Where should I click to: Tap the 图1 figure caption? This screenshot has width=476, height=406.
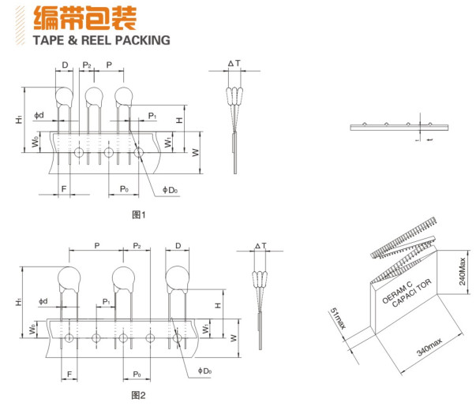click(x=139, y=214)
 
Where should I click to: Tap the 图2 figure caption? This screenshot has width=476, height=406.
click(x=139, y=394)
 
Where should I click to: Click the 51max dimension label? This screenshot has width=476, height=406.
click(x=336, y=320)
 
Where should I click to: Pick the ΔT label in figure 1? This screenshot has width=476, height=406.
click(x=235, y=63)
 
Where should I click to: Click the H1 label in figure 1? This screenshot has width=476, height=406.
click(x=18, y=119)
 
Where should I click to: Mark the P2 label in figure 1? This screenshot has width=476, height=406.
click(x=87, y=64)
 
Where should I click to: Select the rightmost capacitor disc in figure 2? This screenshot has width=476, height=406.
click(x=178, y=278)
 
